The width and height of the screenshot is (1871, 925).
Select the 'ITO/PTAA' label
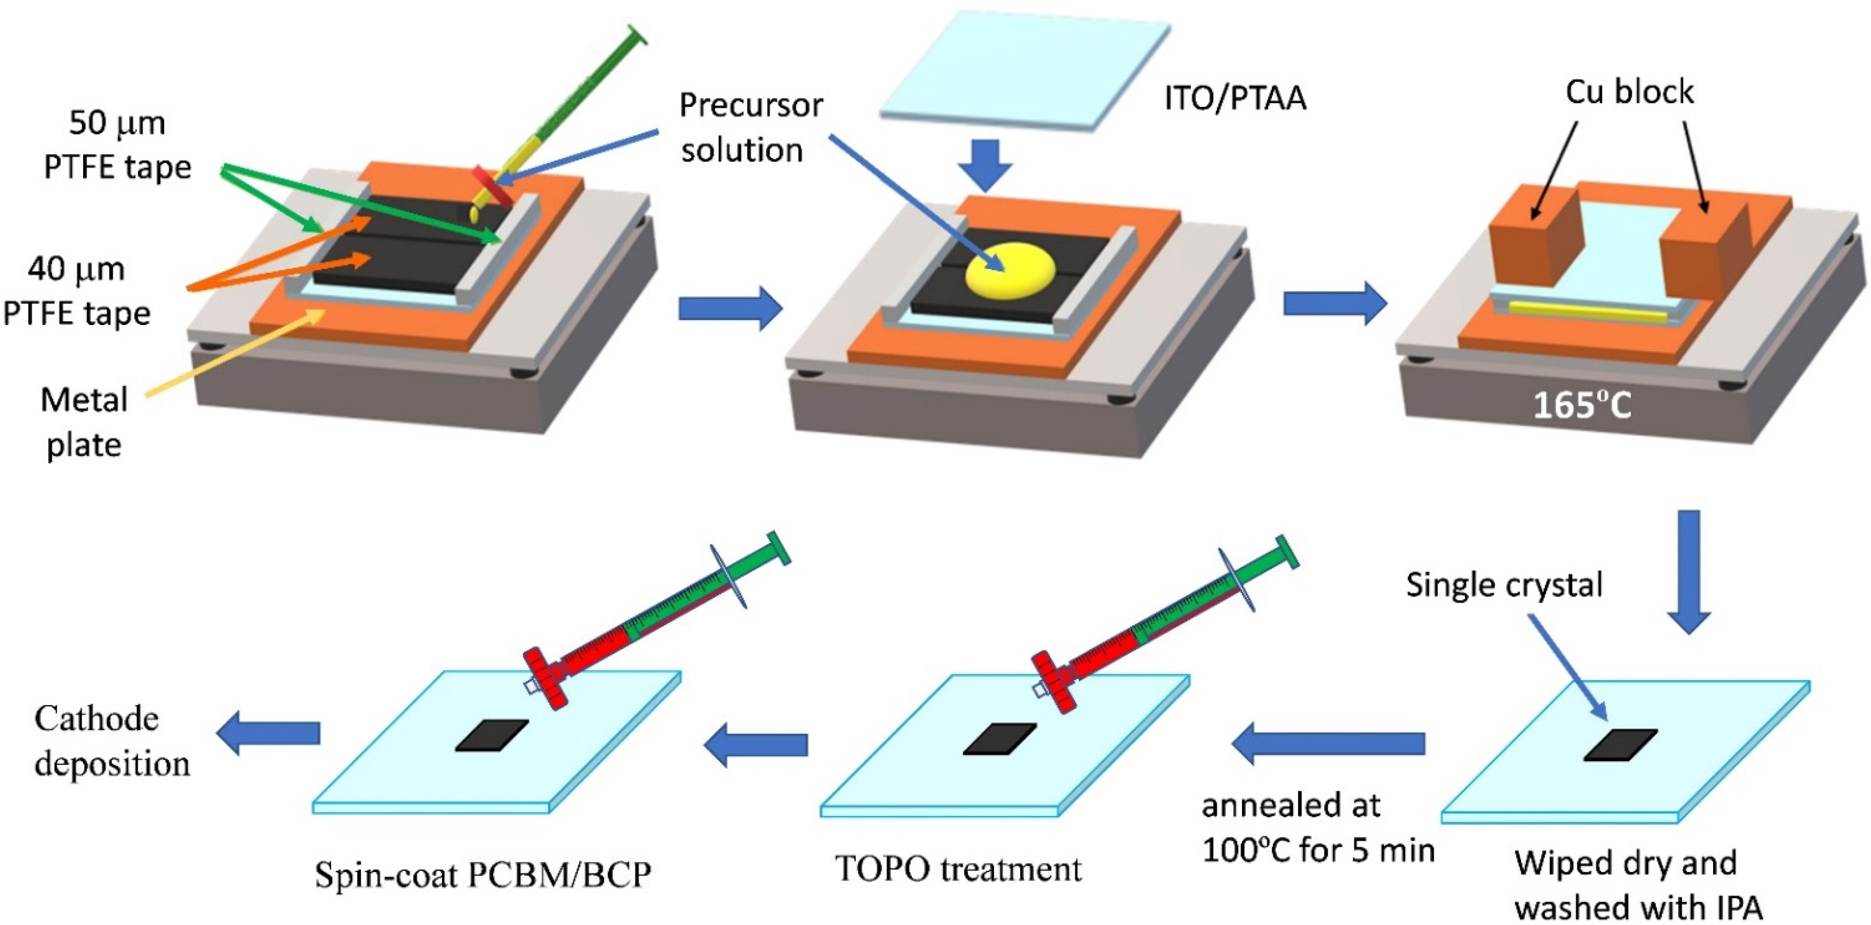(1235, 98)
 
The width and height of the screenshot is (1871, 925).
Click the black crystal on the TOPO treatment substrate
(1000, 739)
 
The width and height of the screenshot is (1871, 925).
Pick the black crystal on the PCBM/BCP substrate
(492, 735)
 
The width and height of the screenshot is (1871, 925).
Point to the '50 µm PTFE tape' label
(116, 145)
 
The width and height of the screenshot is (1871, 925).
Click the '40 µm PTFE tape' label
(76, 291)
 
